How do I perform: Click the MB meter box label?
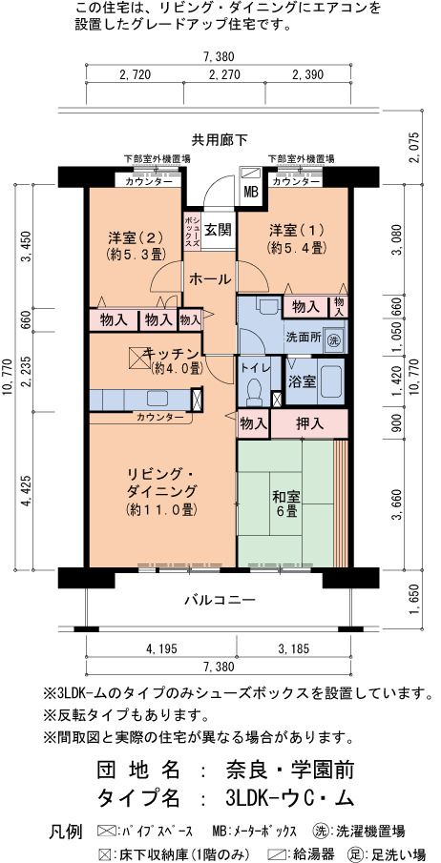pos(251,193)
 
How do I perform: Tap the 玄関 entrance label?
pos(218,230)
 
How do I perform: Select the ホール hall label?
pos(209,279)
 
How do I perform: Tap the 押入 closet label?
pos(308,423)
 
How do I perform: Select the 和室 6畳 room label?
pos(284,503)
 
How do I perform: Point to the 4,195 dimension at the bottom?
pos(162,648)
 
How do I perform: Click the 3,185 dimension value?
pos(294,648)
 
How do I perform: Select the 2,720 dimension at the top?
pos(135,74)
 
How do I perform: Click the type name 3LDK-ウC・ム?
pos(289,798)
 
